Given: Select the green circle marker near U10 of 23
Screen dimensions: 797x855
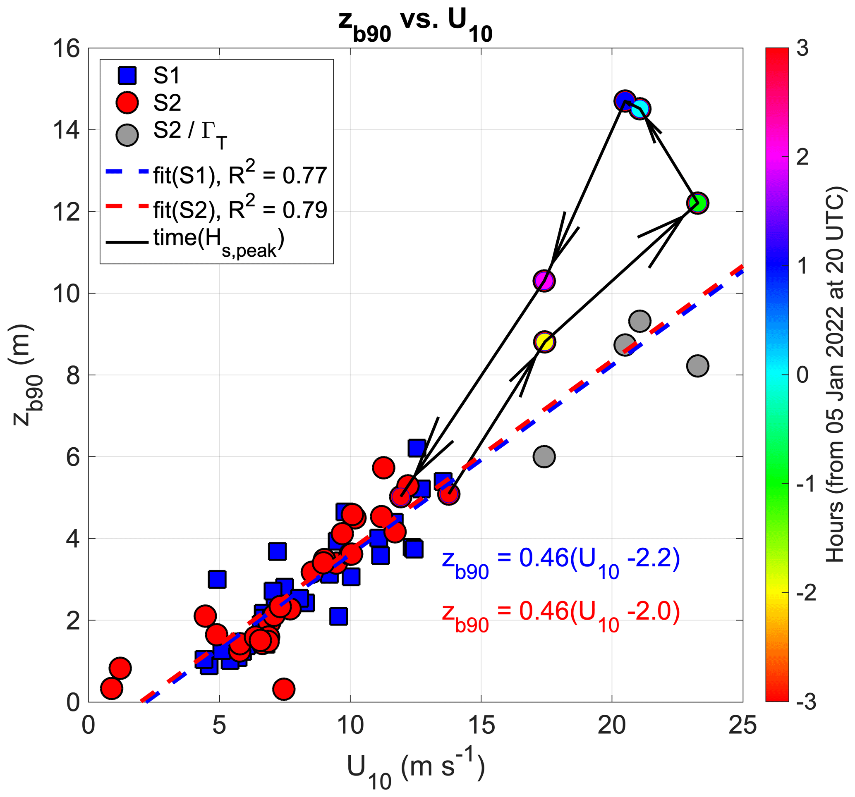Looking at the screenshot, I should (697, 203).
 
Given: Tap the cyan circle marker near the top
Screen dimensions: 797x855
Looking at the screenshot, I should (640, 109).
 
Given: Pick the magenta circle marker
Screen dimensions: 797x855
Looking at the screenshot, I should (544, 281).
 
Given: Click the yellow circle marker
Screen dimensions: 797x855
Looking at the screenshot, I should (544, 342).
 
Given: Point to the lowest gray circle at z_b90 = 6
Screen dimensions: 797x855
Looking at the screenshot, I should (544, 456).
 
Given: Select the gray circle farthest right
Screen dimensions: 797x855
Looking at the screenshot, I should (697, 366).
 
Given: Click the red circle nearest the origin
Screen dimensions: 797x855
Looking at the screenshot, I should (111, 688).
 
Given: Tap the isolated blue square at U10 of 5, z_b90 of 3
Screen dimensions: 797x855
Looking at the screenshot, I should (217, 580).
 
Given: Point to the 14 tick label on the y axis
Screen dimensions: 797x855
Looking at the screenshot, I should (66, 130).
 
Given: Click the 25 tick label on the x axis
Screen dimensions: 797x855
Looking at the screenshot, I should (742, 726).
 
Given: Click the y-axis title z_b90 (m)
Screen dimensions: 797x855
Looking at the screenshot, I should (26, 375).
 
